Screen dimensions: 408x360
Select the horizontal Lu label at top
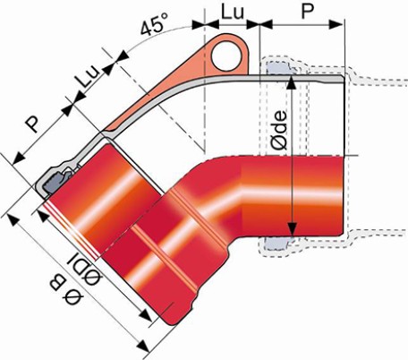[x=233, y=13]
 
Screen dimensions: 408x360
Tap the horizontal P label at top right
[x=308, y=12]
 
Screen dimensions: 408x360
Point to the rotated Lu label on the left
[x=87, y=76]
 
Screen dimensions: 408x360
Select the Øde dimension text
[x=279, y=130]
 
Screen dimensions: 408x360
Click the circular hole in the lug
[x=226, y=56]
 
